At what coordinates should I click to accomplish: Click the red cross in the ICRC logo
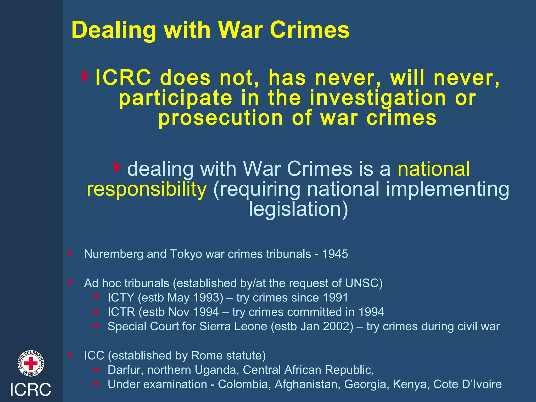click(x=31, y=364)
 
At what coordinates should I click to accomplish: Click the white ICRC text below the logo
click(x=30, y=389)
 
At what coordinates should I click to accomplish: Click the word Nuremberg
click(x=114, y=254)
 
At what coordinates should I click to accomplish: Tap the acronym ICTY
click(x=121, y=298)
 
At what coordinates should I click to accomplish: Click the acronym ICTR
click(x=121, y=312)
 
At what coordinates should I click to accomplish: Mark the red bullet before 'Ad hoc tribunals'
click(x=70, y=282)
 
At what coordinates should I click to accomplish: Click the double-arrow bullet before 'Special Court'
click(x=96, y=326)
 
